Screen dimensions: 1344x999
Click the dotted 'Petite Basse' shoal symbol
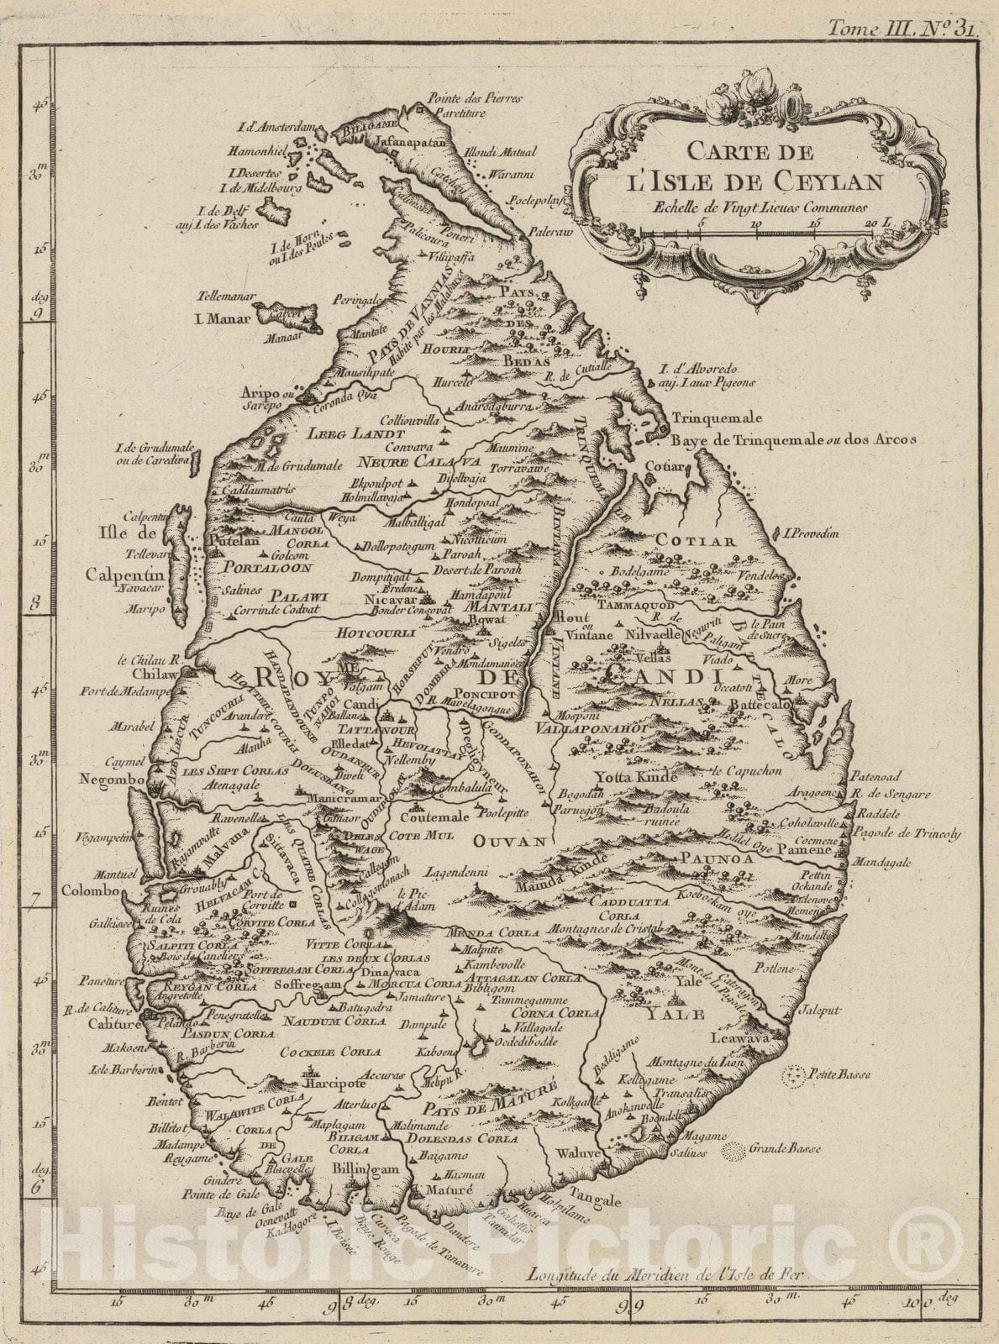coord(790,1074)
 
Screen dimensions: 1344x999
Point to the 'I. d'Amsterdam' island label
coord(276,128)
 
